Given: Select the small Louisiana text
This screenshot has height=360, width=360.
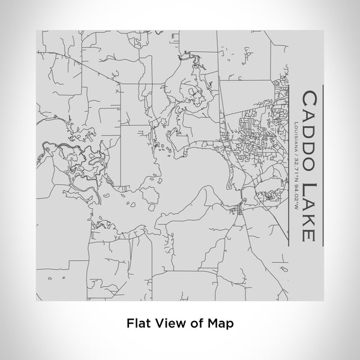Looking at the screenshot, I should tap(298, 136).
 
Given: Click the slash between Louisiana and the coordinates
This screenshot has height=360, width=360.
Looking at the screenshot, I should tap(298, 154).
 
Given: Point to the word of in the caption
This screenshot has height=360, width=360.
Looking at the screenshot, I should tap(196, 322).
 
